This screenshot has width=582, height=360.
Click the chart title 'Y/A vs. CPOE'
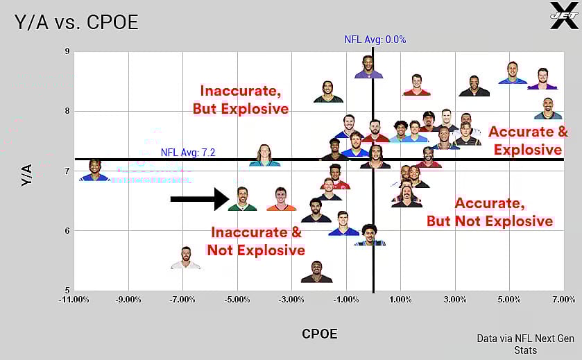(76, 22)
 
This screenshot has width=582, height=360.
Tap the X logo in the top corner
(563, 15)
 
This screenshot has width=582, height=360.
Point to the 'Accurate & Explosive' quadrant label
(528, 140)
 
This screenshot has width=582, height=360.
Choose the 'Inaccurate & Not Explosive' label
(256, 241)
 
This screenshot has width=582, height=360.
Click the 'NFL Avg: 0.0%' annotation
(375, 40)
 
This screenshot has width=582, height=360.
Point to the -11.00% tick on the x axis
(74, 300)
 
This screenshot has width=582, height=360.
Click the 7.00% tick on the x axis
(563, 300)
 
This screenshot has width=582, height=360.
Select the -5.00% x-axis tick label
(237, 300)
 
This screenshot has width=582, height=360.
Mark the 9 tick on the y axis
(67, 51)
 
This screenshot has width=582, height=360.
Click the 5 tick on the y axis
(67, 290)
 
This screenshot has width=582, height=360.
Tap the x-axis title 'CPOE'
(319, 334)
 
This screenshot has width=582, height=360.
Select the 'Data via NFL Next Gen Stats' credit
(525, 344)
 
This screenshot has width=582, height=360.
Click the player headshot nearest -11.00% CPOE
(94, 170)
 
